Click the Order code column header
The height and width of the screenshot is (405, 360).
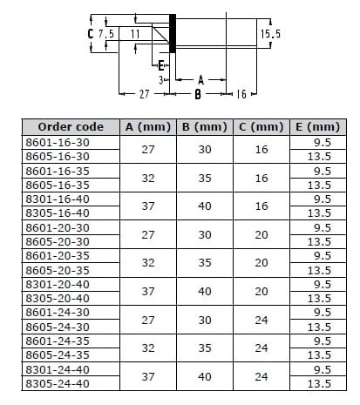71,127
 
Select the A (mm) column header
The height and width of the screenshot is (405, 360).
148,127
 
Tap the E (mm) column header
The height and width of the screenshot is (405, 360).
317,127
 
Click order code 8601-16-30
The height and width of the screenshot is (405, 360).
58,143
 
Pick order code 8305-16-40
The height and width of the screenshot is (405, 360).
58,213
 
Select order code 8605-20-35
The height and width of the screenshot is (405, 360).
58,270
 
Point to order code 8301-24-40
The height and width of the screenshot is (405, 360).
58,369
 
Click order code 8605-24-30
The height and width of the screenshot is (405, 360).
58,327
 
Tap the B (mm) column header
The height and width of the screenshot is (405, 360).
205,127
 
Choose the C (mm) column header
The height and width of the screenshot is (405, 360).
262,127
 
